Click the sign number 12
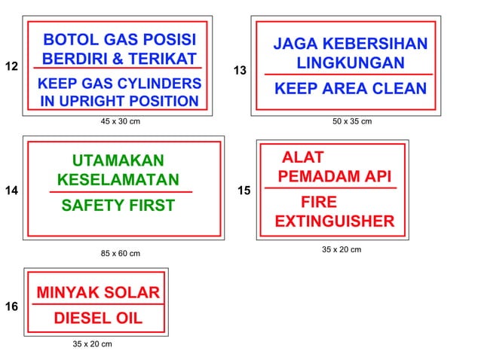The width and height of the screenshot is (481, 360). click(11, 67)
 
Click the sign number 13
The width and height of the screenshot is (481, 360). click(240, 71)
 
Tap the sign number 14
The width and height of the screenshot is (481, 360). click(11, 191)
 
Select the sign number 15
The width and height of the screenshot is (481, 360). click(244, 191)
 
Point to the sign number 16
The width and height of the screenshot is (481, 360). click(11, 307)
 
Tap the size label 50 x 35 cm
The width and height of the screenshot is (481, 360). click(352, 121)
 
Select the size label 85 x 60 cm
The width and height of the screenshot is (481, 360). click(121, 253)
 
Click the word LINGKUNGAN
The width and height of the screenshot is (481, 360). click(351, 63)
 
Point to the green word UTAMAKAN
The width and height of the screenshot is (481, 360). click(118, 160)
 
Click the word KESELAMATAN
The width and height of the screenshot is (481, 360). click(118, 180)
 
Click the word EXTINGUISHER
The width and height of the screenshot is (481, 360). click(334, 221)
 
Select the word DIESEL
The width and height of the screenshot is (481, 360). click(72, 318)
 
